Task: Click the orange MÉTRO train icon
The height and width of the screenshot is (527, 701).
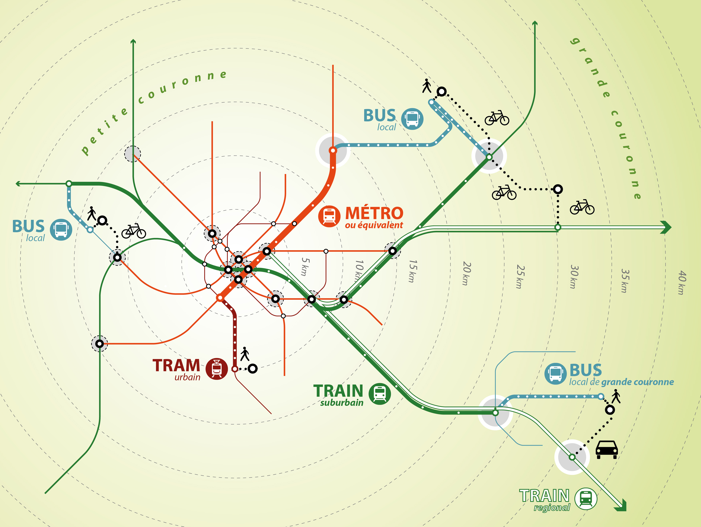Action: point(329,216)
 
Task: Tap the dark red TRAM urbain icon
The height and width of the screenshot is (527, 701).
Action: point(217,369)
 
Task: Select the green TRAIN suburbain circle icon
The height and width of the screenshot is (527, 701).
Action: point(380,394)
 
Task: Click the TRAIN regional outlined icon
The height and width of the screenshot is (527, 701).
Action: point(586,498)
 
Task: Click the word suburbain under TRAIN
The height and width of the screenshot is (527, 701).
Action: point(342,403)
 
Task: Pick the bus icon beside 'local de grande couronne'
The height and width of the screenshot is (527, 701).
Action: point(555,374)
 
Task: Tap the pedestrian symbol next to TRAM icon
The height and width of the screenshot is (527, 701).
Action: point(245,354)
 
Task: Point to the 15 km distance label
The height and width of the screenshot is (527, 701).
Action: point(413,271)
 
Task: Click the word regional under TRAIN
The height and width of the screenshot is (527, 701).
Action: point(552,508)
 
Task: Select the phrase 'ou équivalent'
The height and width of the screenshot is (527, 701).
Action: point(374,225)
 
